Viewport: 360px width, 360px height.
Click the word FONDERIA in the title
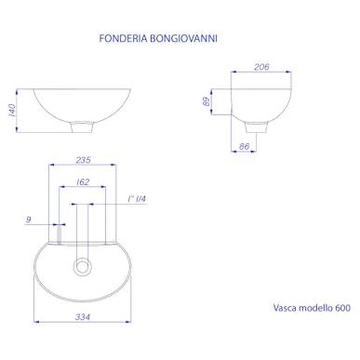(123, 38)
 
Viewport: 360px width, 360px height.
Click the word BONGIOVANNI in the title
(183, 38)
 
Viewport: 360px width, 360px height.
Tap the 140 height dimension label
(11, 111)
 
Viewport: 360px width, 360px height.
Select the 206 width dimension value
(261, 67)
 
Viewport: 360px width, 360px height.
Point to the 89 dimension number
(207, 101)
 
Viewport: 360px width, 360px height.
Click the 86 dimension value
(244, 146)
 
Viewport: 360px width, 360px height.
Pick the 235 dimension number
(83, 160)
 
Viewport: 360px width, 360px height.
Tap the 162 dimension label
(83, 182)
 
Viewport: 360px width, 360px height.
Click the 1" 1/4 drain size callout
(137, 199)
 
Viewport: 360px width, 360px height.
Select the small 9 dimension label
(28, 220)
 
